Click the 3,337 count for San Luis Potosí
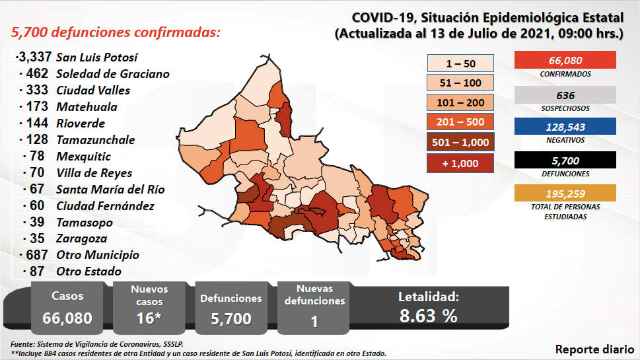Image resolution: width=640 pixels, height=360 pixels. (33, 57)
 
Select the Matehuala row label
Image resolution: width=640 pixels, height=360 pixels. (87, 107)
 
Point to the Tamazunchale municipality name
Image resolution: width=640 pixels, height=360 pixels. (95, 140)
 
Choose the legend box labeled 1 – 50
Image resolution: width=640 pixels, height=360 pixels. (460, 63)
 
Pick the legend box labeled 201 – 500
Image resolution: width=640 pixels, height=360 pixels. (460, 122)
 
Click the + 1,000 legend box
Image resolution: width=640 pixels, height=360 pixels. (460, 162)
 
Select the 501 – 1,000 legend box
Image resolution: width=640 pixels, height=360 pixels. (460, 142)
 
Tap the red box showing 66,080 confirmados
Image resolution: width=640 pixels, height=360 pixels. (565, 60)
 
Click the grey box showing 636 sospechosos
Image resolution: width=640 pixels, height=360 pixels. (565, 95)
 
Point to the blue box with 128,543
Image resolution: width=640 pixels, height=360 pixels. (565, 127)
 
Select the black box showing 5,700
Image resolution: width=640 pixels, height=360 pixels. (565, 160)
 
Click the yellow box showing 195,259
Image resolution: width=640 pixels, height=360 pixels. (565, 193)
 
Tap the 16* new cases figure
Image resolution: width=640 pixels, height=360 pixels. (149, 318)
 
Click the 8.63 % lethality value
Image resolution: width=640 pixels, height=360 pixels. (429, 316)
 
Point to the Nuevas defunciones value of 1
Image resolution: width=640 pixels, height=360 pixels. (314, 321)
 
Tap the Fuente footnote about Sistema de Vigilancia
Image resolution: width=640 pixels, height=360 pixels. (96, 344)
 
